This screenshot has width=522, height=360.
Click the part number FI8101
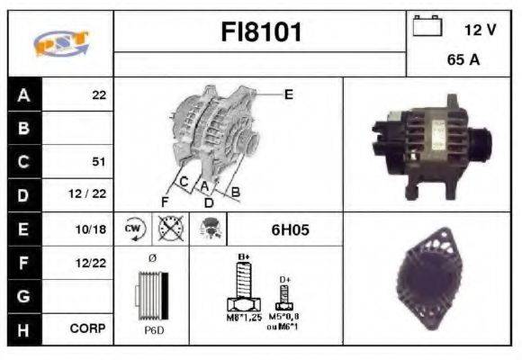(261, 32)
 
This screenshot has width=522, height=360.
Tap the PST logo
(60, 42)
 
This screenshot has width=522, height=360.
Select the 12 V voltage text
(480, 30)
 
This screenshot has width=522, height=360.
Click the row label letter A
(23, 94)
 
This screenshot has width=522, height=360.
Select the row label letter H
(23, 329)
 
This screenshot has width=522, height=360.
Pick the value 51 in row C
(99, 162)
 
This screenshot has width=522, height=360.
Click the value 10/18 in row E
(93, 229)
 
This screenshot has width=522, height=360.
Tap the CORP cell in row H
(89, 329)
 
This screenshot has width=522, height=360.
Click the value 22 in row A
(99, 94)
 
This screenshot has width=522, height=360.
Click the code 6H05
(290, 229)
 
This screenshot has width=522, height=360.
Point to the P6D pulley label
(153, 331)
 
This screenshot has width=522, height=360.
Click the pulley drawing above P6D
(152, 295)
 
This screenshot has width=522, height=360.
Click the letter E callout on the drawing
(289, 93)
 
